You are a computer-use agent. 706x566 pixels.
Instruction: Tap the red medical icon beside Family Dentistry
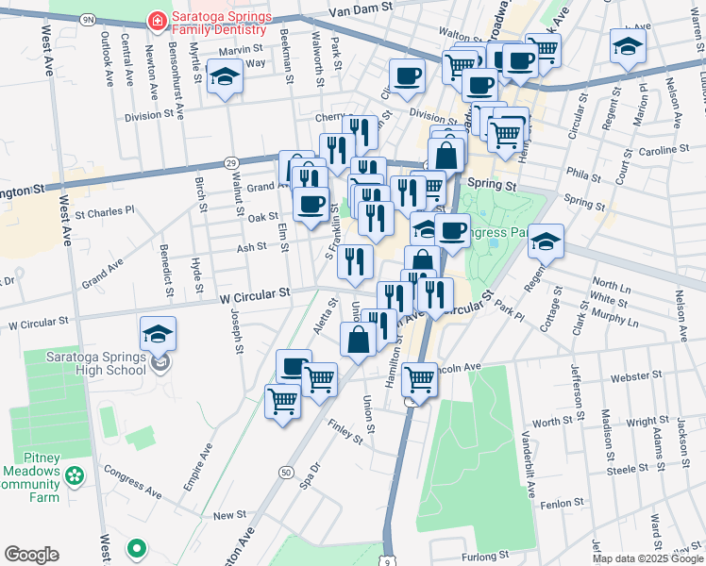coord(155,20)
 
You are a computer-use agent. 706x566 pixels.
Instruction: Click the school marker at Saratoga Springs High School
coord(158,334)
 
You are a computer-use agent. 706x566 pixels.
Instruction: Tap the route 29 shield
coord(230,163)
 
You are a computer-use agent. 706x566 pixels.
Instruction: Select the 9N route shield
coord(88,19)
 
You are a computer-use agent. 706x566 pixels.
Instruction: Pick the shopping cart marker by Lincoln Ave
coord(419,379)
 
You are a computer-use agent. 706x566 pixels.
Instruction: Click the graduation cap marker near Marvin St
coord(225,78)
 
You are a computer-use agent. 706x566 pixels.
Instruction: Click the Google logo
coord(30,555)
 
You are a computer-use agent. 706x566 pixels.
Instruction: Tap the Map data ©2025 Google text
coord(647,558)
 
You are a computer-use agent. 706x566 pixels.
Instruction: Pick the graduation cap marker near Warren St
coord(628,47)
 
